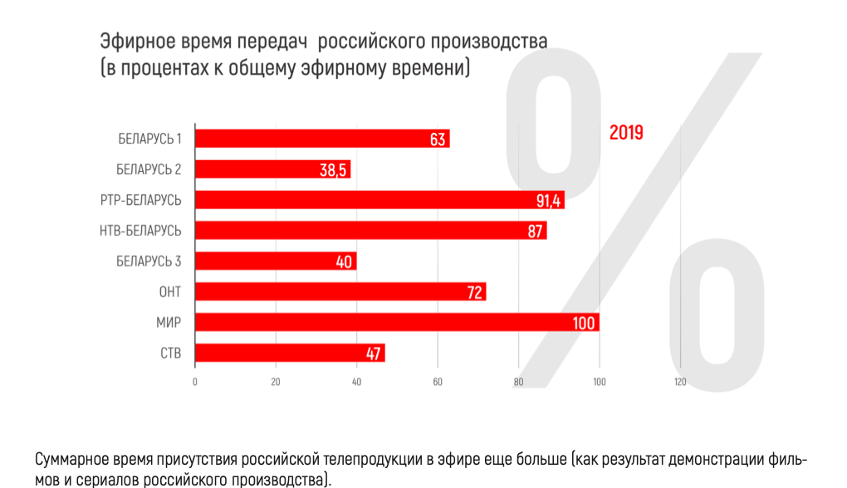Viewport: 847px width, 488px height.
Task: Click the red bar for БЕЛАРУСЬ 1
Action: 321,139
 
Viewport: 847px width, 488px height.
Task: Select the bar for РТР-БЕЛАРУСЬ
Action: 379,200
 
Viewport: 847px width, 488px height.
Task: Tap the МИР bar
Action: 396,323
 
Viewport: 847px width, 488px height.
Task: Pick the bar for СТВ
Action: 289,354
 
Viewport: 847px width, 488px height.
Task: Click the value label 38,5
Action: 334,170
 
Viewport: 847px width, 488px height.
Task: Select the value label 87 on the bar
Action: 536,231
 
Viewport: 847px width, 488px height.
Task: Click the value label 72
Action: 475,292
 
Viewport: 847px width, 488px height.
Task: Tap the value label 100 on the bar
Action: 584,323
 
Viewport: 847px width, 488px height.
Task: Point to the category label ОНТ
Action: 170,292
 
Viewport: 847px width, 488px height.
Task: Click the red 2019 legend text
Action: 626,133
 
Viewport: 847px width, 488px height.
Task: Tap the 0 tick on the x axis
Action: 194,383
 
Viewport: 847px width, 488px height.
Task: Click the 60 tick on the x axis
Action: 437,383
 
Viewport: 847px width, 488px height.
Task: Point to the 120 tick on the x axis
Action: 680,383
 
